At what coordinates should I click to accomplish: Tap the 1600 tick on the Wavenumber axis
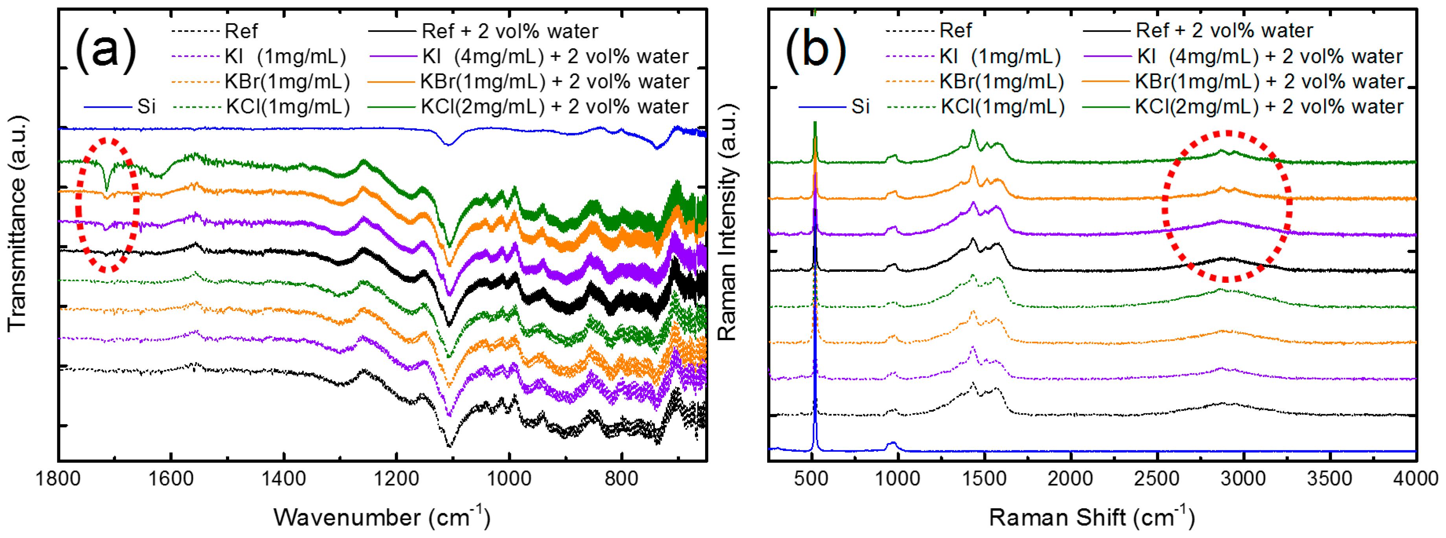coord(171,479)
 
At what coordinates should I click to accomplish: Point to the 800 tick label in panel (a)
coord(621,479)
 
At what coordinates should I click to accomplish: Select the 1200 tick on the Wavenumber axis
coord(396,479)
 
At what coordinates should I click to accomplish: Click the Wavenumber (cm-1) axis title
coord(382,516)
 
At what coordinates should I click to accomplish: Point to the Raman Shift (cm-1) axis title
coord(1092,516)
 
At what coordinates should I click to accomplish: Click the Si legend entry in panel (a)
coord(120,106)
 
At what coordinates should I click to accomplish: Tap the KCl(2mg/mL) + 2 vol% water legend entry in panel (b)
coord(1243,106)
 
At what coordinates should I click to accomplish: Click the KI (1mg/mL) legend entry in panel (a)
coord(259,56)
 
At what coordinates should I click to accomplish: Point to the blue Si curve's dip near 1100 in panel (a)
coord(448,144)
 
